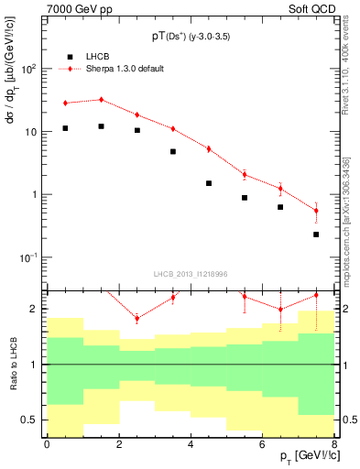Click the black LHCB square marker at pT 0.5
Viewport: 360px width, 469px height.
coord(65,128)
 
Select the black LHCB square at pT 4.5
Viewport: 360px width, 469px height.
coord(209,183)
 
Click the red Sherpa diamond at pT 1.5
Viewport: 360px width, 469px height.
coord(101,100)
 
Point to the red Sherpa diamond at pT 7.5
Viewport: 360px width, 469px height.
coord(316,211)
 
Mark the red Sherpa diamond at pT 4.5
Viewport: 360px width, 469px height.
coord(209,148)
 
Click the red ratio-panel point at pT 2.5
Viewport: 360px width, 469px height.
coord(136,318)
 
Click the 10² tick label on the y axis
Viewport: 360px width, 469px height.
coord(29,69)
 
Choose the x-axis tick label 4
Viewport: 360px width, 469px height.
coord(191,444)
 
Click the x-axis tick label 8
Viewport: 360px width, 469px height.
coord(334,444)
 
